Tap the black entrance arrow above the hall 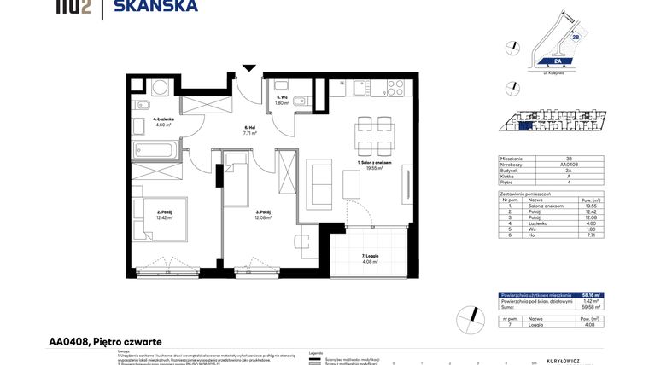pos(248,67)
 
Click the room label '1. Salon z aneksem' pos(373,163)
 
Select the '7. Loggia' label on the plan pos(368,256)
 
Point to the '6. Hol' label pos(250,127)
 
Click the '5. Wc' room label pos(282,98)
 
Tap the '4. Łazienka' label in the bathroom pos(164,119)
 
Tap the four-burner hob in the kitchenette pos(395,87)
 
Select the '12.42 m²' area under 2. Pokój pos(164,217)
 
